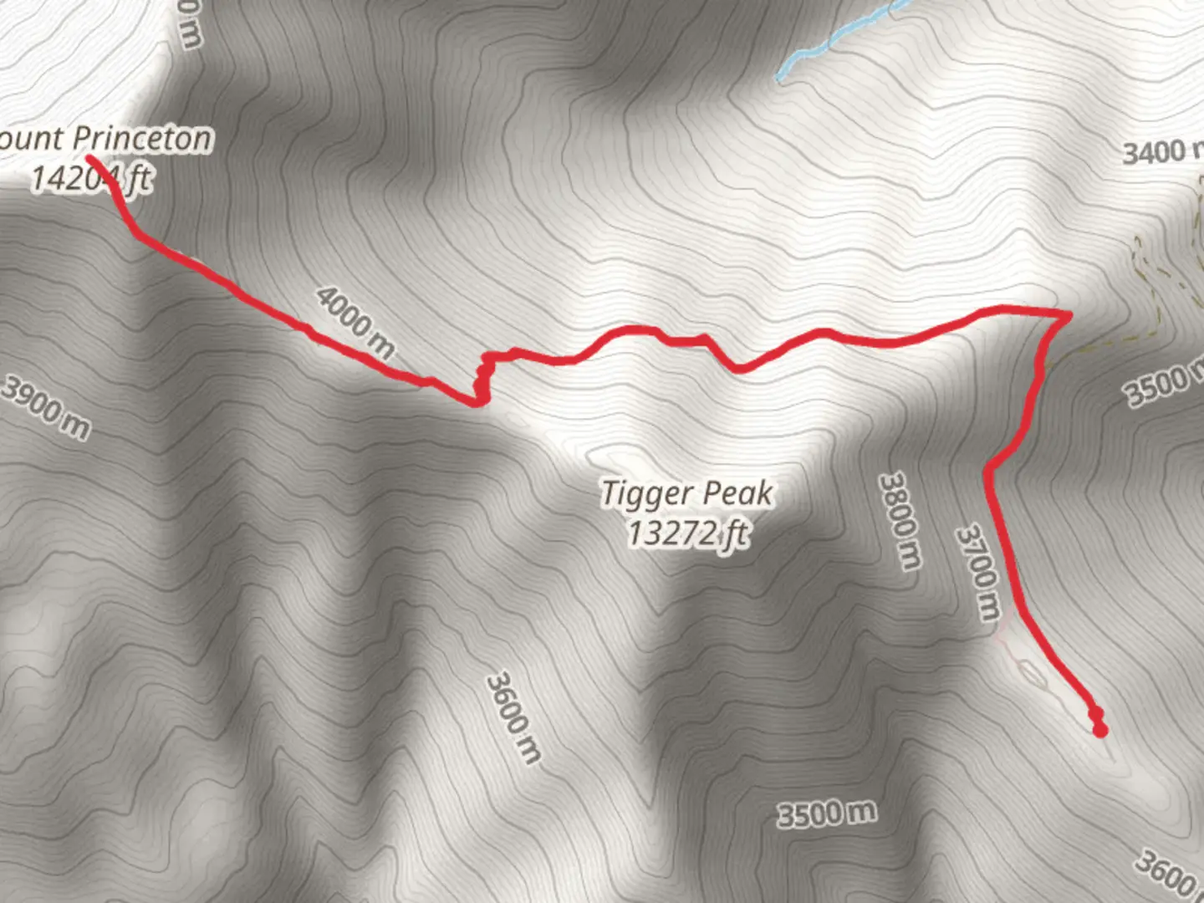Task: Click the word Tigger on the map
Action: click(645, 494)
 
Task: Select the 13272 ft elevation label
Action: click(687, 533)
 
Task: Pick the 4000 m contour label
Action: click(355, 322)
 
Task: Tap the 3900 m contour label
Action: click(46, 406)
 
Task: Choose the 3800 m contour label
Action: click(899, 520)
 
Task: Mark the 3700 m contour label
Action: click(978, 573)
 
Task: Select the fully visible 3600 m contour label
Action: click(513, 717)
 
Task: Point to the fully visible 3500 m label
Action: click(826, 813)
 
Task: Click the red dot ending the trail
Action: click(1100, 731)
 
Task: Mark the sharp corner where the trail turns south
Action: click(1068, 315)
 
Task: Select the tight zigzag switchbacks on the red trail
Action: click(481, 380)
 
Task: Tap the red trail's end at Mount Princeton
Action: click(90, 158)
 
